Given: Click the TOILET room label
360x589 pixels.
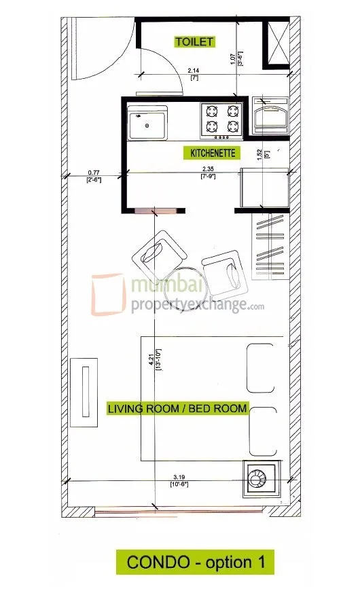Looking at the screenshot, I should pos(194,41).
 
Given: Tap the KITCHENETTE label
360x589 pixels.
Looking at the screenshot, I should pos(209,154).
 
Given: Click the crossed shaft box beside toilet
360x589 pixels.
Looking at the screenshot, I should pos(276,41).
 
